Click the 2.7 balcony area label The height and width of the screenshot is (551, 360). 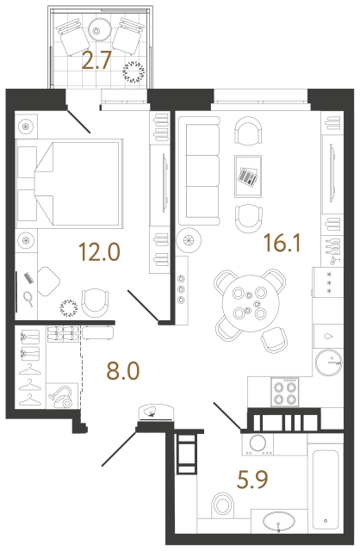[x=96, y=60]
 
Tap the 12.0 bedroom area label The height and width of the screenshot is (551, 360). [x=100, y=252]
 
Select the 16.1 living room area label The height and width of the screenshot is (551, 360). [x=282, y=243]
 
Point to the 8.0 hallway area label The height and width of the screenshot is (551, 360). [x=123, y=371]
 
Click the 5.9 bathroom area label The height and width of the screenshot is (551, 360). [x=252, y=480]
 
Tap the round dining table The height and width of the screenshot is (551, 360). [x=251, y=303]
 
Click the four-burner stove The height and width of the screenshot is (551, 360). [x=284, y=393]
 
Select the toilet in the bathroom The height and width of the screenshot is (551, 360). [x=223, y=506]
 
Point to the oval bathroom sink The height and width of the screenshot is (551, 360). [x=279, y=522]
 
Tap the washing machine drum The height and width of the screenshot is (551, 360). [x=258, y=443]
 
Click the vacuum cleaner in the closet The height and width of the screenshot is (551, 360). [x=63, y=396]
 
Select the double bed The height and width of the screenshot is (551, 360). [x=69, y=183]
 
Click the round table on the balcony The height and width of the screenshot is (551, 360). [x=98, y=28]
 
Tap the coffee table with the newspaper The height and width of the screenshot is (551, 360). [x=248, y=176]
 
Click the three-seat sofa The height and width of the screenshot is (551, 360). [x=199, y=170]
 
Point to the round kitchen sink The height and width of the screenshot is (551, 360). [x=329, y=362]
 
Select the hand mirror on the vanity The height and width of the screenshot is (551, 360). [x=28, y=299]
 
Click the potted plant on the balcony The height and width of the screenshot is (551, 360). [x=133, y=72]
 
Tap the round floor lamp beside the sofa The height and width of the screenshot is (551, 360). [x=189, y=241]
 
